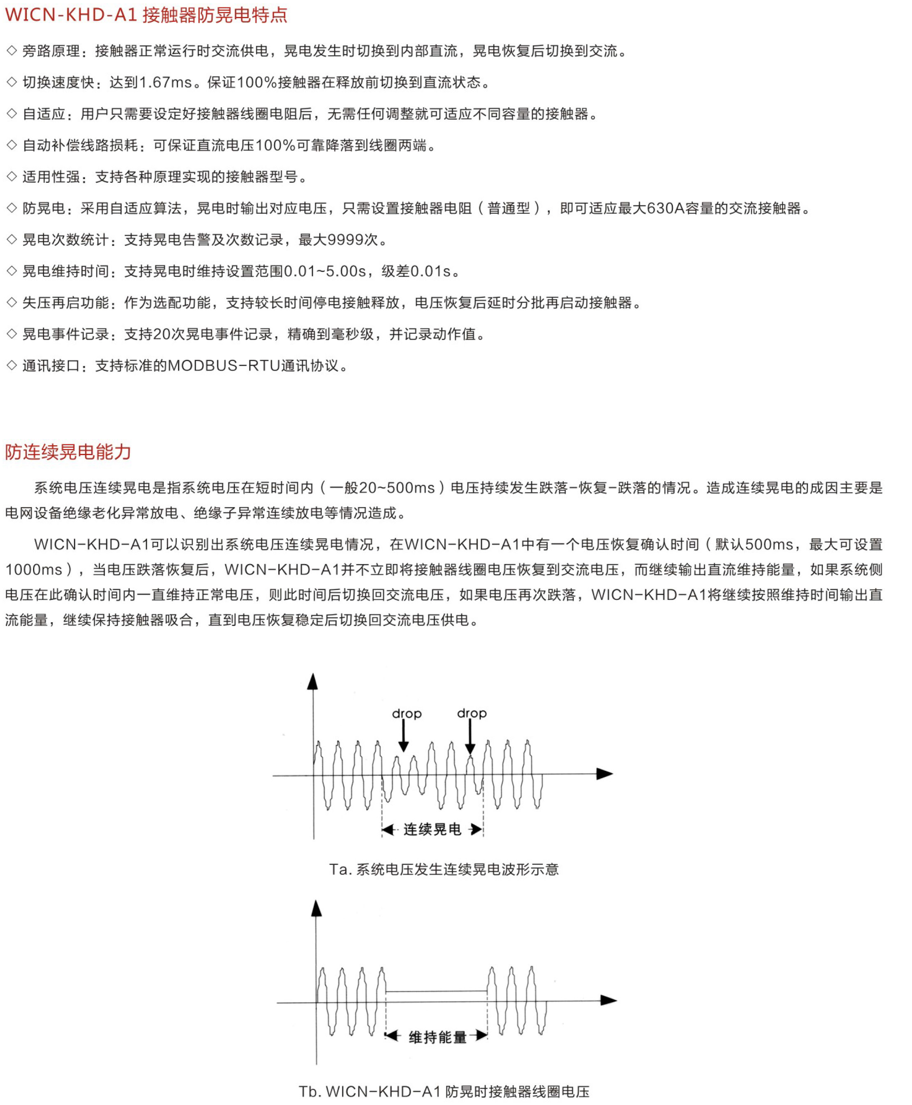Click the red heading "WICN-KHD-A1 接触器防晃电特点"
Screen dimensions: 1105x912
click(x=146, y=15)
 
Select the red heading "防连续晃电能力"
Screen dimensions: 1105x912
click(x=68, y=451)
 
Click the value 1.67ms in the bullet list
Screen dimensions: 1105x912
click(x=166, y=83)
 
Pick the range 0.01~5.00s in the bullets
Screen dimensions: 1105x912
click(x=325, y=272)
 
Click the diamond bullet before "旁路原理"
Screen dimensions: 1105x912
click(x=12, y=51)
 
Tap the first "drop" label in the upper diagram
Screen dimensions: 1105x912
click(x=407, y=714)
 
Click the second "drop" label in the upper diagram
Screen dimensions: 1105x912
click(x=472, y=713)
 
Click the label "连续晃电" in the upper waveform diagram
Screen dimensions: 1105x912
click(x=432, y=829)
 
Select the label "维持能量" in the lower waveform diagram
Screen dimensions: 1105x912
click(x=438, y=1037)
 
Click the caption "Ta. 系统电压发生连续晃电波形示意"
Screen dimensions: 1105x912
click(x=444, y=870)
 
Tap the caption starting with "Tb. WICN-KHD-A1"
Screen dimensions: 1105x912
click(x=444, y=1092)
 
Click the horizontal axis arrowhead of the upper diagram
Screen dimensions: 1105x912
click(x=605, y=774)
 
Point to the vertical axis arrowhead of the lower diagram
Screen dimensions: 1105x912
click(x=316, y=909)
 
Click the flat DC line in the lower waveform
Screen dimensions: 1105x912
click(x=436, y=992)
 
